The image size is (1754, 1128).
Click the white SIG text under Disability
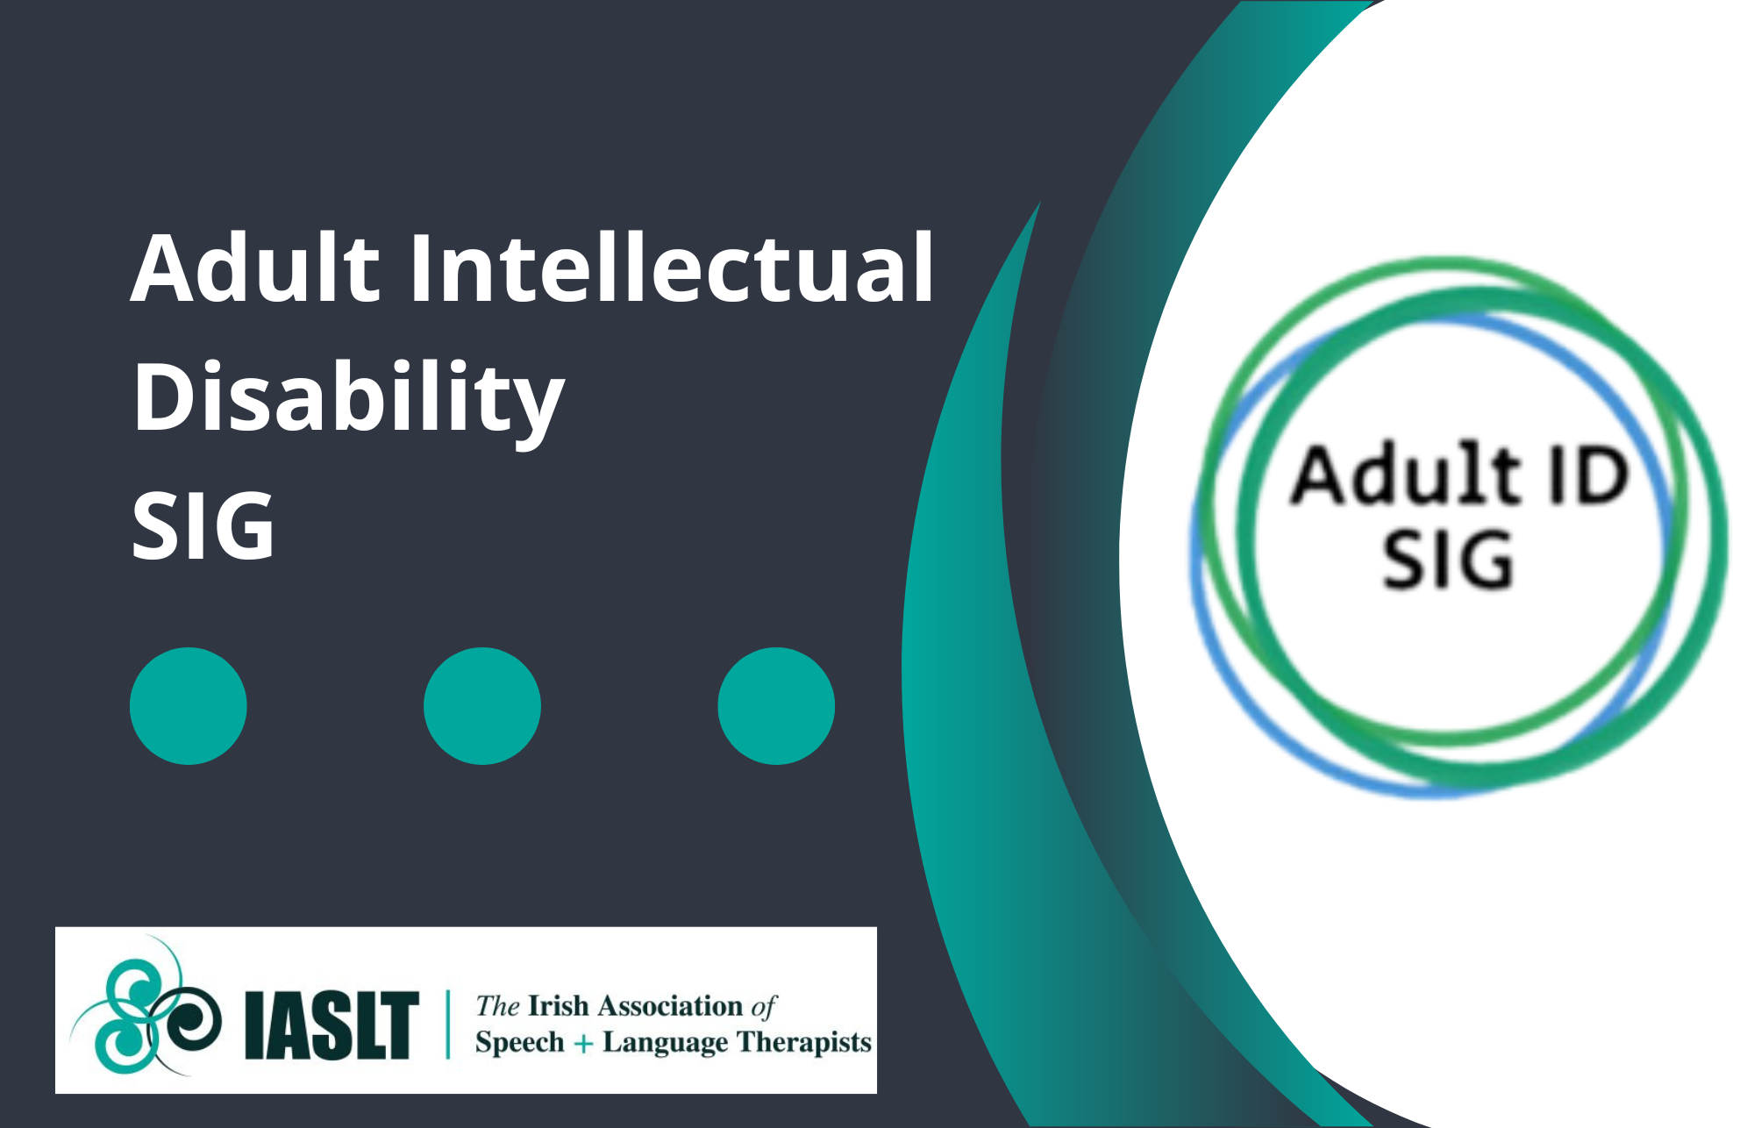[203, 525]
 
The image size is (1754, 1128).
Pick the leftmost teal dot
[189, 706]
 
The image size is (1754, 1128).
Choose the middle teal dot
[482, 706]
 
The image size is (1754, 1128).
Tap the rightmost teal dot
[776, 706]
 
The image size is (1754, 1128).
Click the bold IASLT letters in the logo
[331, 1024]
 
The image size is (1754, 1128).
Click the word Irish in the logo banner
[559, 1005]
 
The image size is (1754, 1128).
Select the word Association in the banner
[670, 1005]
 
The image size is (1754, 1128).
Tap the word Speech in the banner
[520, 1044]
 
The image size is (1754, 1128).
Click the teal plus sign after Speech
[583, 1044]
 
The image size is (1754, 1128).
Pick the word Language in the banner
[665, 1044]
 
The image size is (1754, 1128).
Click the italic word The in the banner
[498, 1005]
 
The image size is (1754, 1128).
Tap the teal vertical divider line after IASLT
[448, 1024]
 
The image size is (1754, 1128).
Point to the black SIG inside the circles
[1448, 559]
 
